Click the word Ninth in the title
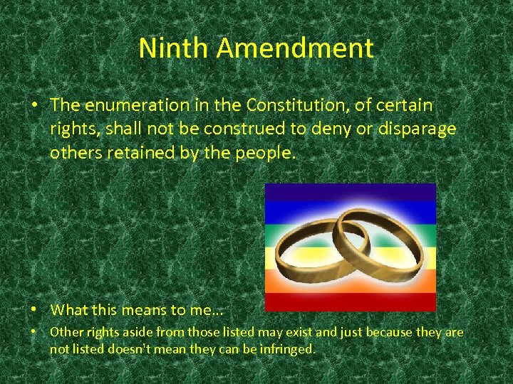coord(174,48)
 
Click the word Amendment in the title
coord(295,48)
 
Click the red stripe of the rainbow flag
coord(349,303)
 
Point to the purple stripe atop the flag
coord(349,191)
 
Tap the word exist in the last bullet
coord(301,332)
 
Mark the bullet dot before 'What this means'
coord(34,309)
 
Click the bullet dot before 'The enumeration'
coord(34,105)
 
